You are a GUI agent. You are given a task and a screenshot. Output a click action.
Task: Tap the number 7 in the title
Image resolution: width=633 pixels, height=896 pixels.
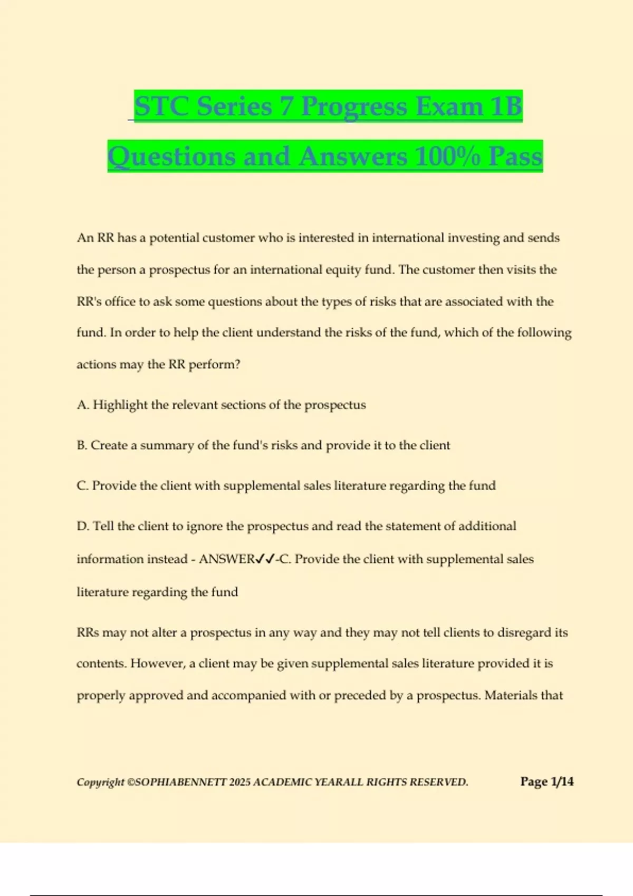pos(286,106)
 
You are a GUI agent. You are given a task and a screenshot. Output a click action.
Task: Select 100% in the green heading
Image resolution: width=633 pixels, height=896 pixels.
pos(447,157)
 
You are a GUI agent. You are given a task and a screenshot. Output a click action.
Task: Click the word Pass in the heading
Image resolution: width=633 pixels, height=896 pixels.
pos(515,157)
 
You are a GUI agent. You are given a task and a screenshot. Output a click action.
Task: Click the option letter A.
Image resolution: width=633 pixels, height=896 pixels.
pos(83,405)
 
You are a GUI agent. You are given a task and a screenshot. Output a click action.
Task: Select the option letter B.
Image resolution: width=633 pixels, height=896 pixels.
pos(82,445)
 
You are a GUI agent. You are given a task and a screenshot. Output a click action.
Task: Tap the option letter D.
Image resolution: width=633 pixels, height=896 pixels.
pos(83,526)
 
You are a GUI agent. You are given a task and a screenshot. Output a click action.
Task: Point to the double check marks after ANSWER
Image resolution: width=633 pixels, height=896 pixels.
pos(265,559)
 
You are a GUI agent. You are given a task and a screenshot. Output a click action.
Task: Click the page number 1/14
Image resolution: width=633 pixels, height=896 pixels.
pos(562,782)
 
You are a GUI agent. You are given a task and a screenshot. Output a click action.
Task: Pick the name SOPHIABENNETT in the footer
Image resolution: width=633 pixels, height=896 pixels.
pos(181,782)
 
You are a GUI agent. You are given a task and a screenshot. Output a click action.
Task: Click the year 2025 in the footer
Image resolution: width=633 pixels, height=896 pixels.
pos(240,782)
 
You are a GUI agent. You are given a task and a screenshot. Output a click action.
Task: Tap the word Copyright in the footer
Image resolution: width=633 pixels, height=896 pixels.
pos(100,782)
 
